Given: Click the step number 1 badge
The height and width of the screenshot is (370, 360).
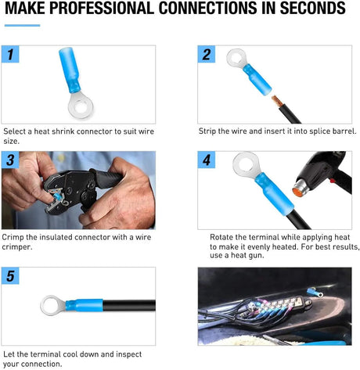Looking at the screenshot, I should [x=10, y=56].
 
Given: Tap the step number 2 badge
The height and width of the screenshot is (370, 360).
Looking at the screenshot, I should [x=206, y=56].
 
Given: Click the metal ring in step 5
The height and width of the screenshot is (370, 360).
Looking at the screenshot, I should [x=55, y=302].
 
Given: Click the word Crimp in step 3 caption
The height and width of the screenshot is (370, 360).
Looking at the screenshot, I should [x=15, y=236].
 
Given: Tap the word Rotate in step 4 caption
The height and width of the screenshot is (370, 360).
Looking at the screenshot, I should [x=225, y=236].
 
